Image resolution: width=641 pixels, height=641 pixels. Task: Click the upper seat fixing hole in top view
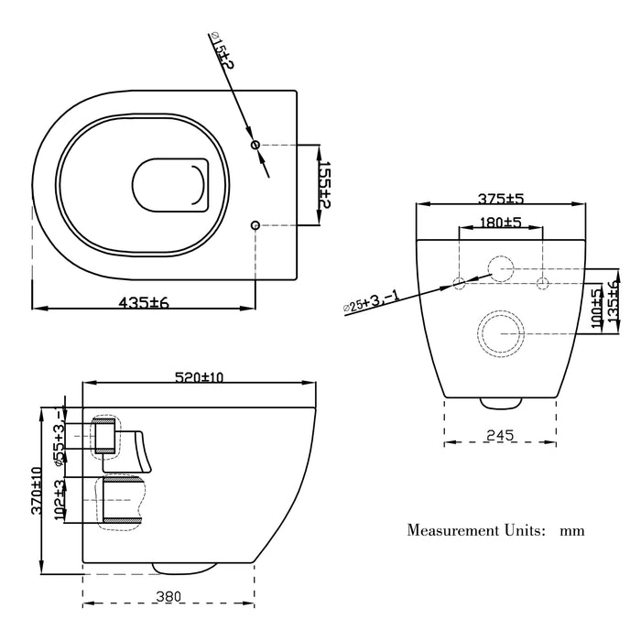(255, 145)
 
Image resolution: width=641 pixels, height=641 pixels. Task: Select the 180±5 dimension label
(500, 223)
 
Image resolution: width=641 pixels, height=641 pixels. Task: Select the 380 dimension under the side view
(168, 596)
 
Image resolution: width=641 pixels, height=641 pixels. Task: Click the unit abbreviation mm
(572, 530)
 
